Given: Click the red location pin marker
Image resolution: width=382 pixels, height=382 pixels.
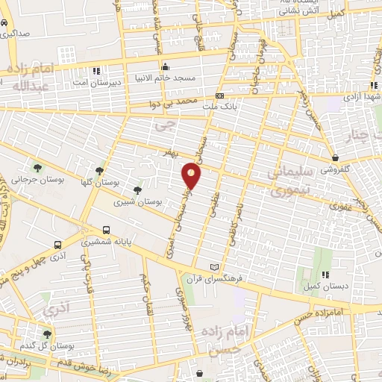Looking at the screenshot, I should [x=192, y=176].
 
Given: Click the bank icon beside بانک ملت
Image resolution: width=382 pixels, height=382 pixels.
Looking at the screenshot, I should [x=220, y=96].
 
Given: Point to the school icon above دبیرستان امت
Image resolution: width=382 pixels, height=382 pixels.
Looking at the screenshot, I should [x=95, y=72].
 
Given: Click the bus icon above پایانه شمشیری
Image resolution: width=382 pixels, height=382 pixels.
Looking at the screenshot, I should [x=107, y=231].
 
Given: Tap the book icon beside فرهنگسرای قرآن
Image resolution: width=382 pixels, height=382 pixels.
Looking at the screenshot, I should [x=215, y=267].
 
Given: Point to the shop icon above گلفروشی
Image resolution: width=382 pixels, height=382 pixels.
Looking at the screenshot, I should [x=336, y=158].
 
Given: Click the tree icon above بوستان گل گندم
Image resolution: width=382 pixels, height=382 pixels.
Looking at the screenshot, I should [x=47, y=335].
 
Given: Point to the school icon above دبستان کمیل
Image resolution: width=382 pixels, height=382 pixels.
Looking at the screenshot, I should [x=325, y=274].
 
